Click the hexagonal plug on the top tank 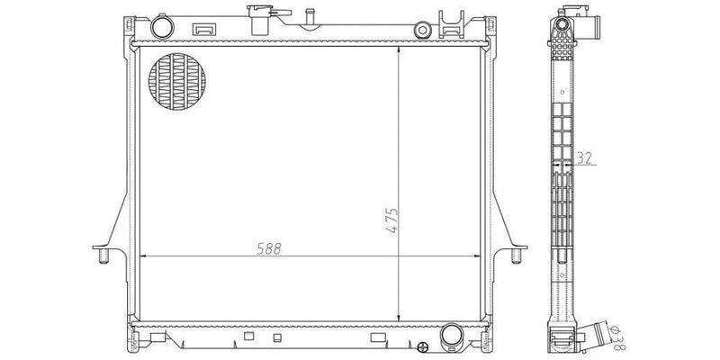[422, 30]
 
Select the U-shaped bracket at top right [450, 22]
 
